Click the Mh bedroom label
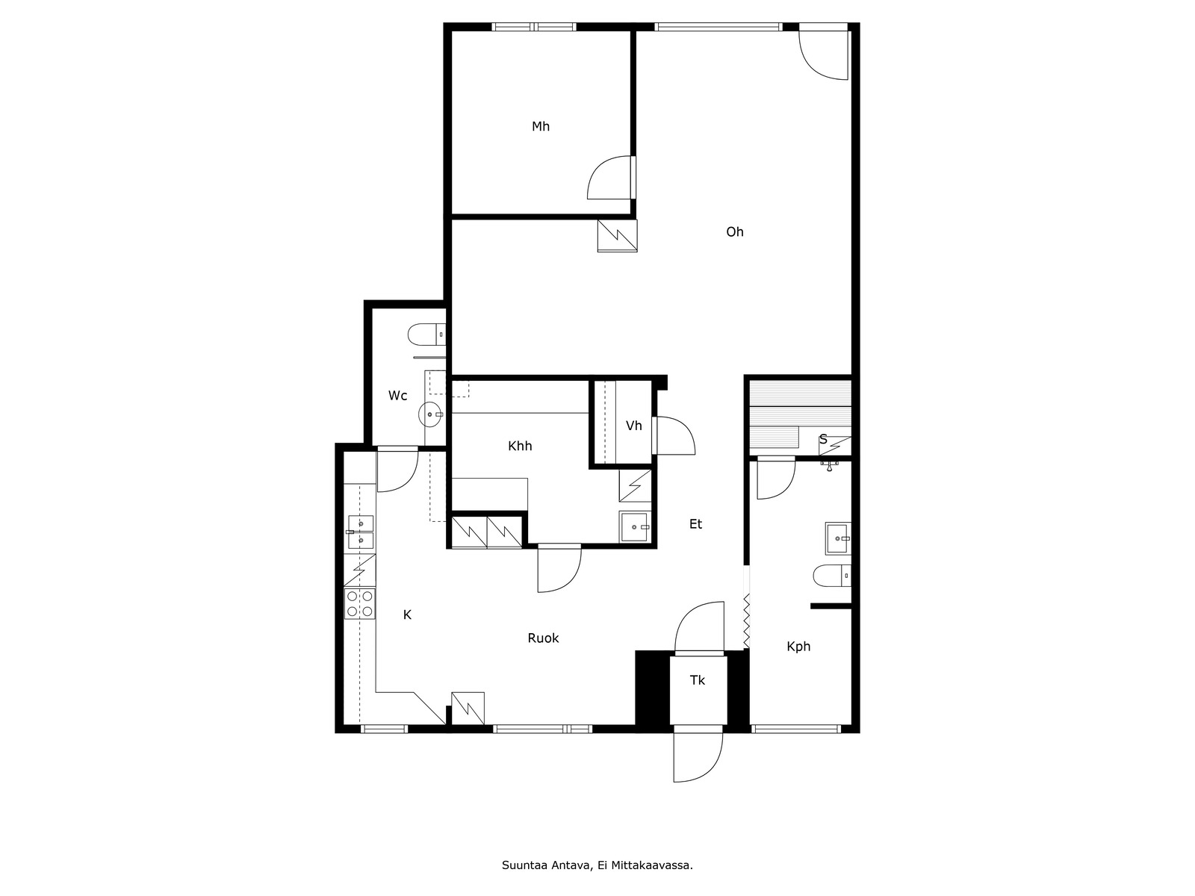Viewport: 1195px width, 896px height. [x=541, y=127]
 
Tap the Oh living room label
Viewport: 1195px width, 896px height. [x=734, y=232]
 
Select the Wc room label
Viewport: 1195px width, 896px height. [x=397, y=396]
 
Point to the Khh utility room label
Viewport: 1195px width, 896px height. [x=520, y=447]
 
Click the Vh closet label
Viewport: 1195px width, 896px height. [x=633, y=426]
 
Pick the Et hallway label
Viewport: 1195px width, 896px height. [x=696, y=524]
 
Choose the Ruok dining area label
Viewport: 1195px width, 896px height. [x=543, y=638]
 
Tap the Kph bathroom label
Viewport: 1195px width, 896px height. [x=798, y=647]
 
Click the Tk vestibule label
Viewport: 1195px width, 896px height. [x=698, y=680]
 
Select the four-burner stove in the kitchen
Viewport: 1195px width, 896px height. [x=360, y=604]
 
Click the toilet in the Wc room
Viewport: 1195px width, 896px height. [x=426, y=335]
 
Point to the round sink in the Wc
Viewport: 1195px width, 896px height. [x=431, y=414]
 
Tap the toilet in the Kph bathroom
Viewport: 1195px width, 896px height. [x=832, y=576]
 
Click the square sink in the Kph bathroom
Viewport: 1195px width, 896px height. [x=838, y=538]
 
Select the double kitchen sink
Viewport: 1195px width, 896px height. [x=361, y=532]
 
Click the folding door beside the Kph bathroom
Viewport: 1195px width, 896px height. [x=747, y=620]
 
